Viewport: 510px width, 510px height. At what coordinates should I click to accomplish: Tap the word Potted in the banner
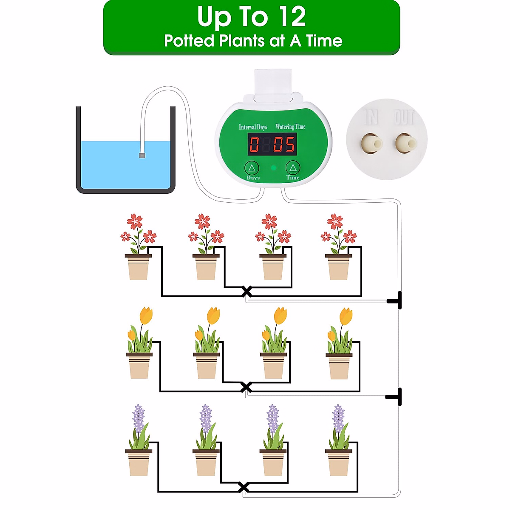[189, 41]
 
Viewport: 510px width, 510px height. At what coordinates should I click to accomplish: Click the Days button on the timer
[252, 168]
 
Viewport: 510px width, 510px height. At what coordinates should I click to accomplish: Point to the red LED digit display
[272, 144]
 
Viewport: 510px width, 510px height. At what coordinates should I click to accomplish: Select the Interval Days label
[253, 127]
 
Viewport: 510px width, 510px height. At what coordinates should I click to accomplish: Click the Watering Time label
[290, 127]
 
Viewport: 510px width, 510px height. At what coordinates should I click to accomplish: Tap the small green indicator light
[274, 168]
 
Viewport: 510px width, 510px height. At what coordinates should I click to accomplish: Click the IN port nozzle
[371, 143]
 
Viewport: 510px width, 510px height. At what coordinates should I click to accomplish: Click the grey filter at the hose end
[142, 155]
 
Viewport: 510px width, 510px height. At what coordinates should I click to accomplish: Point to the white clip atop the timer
[272, 85]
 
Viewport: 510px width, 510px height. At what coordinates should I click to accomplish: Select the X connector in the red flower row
[246, 292]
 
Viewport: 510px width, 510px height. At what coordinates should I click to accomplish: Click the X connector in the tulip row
[246, 387]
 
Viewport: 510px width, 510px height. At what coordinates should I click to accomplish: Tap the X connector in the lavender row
[244, 487]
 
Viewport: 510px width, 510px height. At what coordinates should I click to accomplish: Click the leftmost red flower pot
[138, 267]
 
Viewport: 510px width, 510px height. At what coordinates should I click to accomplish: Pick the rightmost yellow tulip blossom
[346, 316]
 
